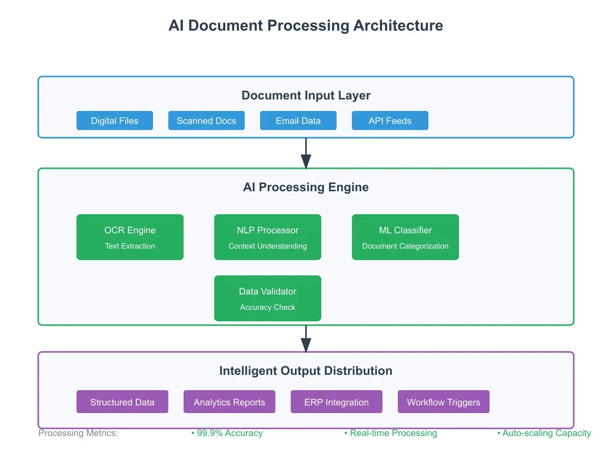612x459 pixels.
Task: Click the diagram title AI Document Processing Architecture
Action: tap(306, 25)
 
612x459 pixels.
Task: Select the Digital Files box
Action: tap(115, 120)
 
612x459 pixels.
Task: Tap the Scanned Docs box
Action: tap(207, 120)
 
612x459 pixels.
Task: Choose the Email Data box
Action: tap(298, 120)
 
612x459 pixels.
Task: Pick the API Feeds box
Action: tap(390, 120)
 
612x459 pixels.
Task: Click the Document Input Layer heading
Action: tap(306, 95)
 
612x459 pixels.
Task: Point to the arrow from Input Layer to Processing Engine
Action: tap(306, 153)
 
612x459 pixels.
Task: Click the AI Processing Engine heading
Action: tap(306, 187)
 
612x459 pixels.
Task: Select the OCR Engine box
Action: tap(130, 237)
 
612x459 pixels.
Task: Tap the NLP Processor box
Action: tap(268, 237)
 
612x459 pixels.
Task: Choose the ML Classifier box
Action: tap(405, 237)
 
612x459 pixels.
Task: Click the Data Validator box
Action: tap(268, 298)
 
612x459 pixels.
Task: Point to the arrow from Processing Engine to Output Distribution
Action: tap(306, 339)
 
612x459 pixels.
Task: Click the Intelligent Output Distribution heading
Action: tap(306, 371)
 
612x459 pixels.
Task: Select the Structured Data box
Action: tap(122, 402)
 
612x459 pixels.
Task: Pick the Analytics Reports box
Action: tap(229, 402)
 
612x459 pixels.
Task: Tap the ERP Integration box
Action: tap(337, 402)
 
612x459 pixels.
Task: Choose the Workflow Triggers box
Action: tap(444, 402)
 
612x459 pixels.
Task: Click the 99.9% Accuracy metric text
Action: tap(228, 433)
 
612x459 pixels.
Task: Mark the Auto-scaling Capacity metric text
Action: tap(545, 433)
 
